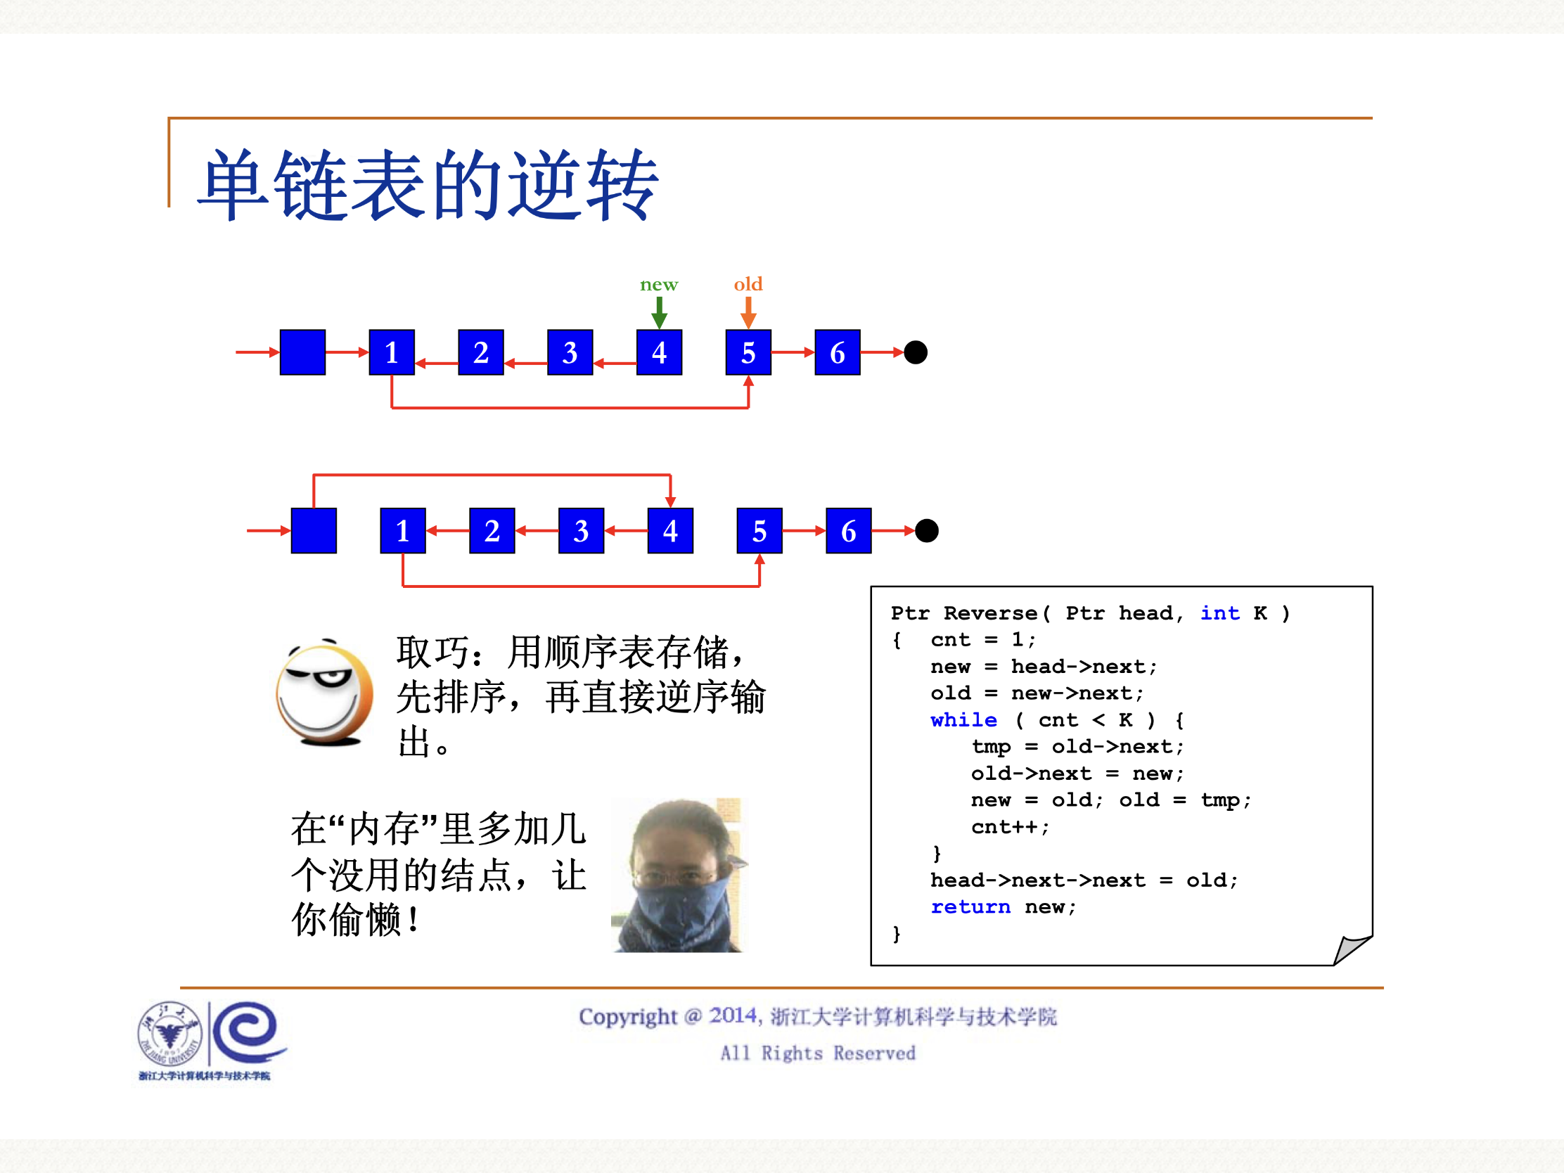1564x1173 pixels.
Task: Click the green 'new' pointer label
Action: pyautogui.click(x=658, y=285)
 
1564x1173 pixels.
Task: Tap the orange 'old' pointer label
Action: pyautogui.click(x=748, y=284)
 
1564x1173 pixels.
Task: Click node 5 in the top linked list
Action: pyautogui.click(x=748, y=352)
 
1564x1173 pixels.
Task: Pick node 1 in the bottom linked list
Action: pyautogui.click(x=402, y=530)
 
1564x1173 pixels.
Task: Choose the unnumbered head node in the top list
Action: pyautogui.click(x=302, y=352)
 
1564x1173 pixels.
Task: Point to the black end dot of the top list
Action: pyautogui.click(x=916, y=352)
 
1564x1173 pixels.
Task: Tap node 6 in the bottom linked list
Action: pyautogui.click(x=849, y=530)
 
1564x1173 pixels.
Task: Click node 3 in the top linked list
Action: pyautogui.click(x=570, y=352)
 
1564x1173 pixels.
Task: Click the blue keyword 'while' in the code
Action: pyautogui.click(x=963, y=720)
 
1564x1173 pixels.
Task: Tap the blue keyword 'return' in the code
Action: pyautogui.click(x=970, y=906)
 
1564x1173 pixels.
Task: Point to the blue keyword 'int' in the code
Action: pyautogui.click(x=1219, y=613)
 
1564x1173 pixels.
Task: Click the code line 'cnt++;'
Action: pyautogui.click(x=1010, y=826)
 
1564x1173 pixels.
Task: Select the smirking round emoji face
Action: pyautogui.click(x=324, y=693)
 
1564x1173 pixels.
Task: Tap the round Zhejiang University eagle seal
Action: pyautogui.click(x=169, y=1034)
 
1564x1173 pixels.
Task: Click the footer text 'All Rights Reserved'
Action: pyautogui.click(x=817, y=1053)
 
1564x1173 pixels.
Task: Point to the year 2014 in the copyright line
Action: pyautogui.click(x=733, y=1016)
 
